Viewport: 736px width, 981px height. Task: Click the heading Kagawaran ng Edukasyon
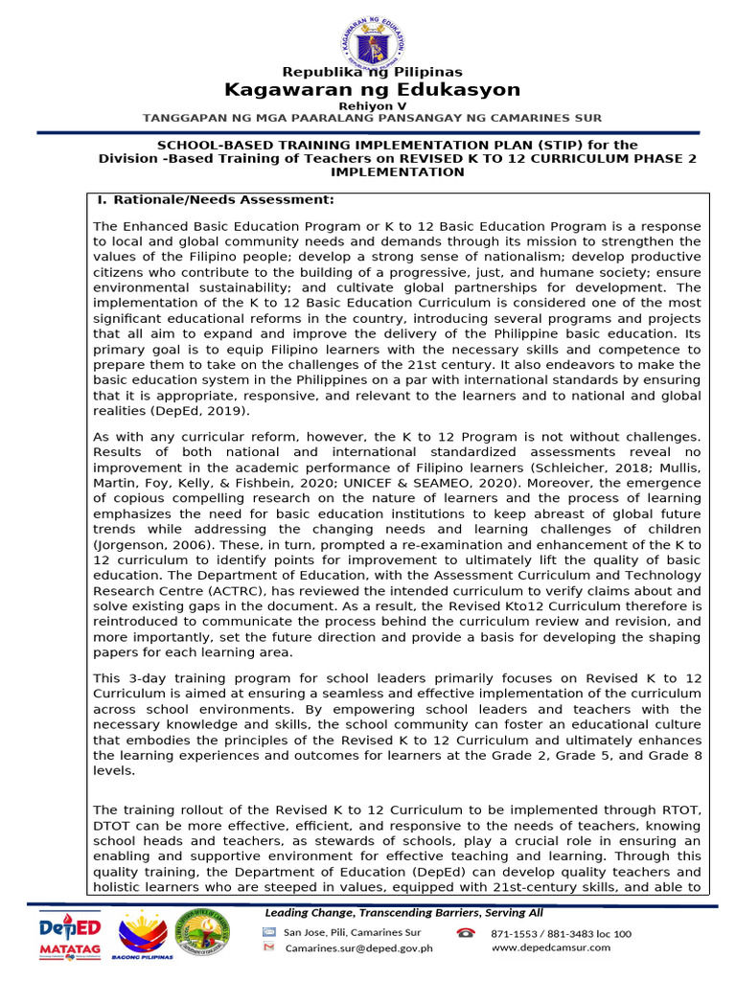point(372,90)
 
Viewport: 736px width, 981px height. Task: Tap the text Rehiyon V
point(372,105)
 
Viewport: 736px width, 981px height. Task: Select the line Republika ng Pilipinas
point(372,72)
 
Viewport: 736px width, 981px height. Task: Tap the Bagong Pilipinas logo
point(146,938)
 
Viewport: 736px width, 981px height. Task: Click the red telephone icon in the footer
point(466,933)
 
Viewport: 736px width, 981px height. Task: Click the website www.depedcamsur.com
point(550,947)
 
